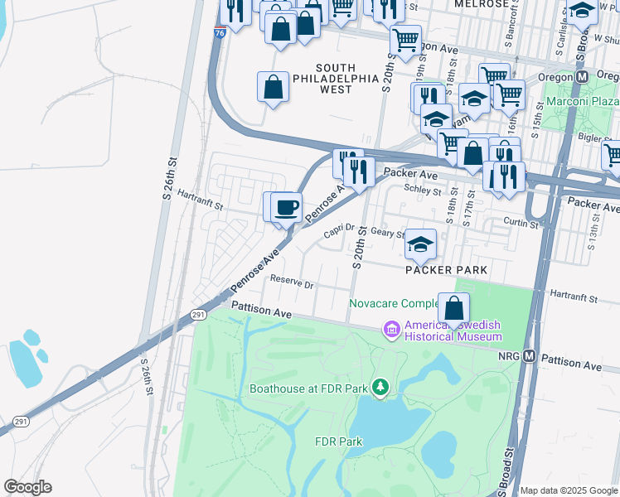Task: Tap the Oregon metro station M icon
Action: click(582, 76)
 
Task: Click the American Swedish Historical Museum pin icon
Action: click(390, 331)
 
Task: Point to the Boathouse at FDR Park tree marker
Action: click(380, 387)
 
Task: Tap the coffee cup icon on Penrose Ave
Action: click(287, 207)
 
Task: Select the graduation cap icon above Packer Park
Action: click(420, 244)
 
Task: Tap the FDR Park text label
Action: click(338, 442)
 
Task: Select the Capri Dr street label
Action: click(339, 234)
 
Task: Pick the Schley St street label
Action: click(420, 190)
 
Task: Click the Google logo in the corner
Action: click(27, 486)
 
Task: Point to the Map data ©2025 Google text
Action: click(568, 490)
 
